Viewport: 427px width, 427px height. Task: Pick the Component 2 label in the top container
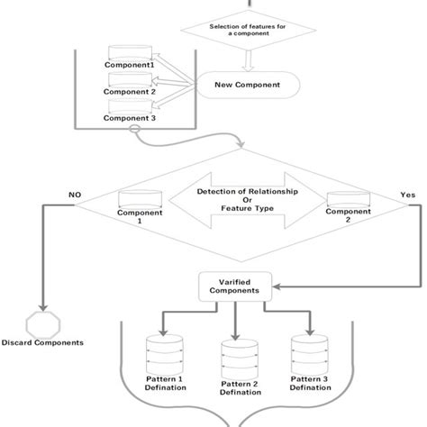tap(129, 92)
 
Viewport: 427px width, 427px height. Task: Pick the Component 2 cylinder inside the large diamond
tap(347, 200)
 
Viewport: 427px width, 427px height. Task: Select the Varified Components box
tap(234, 287)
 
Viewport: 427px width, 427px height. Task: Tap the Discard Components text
tap(42, 342)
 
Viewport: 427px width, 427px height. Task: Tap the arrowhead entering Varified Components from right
tap(276, 287)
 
